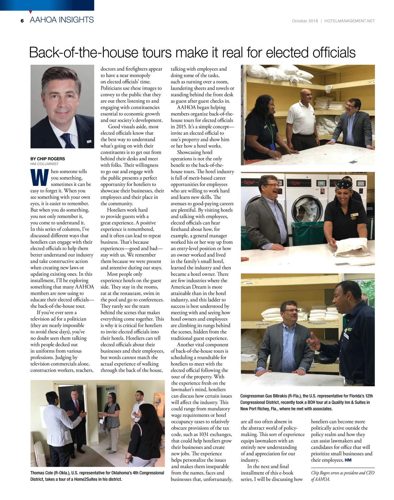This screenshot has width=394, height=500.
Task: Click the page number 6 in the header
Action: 22,21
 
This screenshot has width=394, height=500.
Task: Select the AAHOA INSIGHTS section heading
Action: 62,20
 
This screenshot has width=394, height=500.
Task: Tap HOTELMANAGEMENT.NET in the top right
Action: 349,21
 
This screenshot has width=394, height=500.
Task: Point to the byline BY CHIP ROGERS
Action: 48,159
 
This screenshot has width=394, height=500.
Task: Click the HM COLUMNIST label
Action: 45,164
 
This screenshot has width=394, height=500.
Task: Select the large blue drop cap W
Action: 39,178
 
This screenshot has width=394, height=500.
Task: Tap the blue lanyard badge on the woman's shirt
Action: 272,146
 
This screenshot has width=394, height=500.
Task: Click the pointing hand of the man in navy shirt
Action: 314,342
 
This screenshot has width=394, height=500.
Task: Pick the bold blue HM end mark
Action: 348,460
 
